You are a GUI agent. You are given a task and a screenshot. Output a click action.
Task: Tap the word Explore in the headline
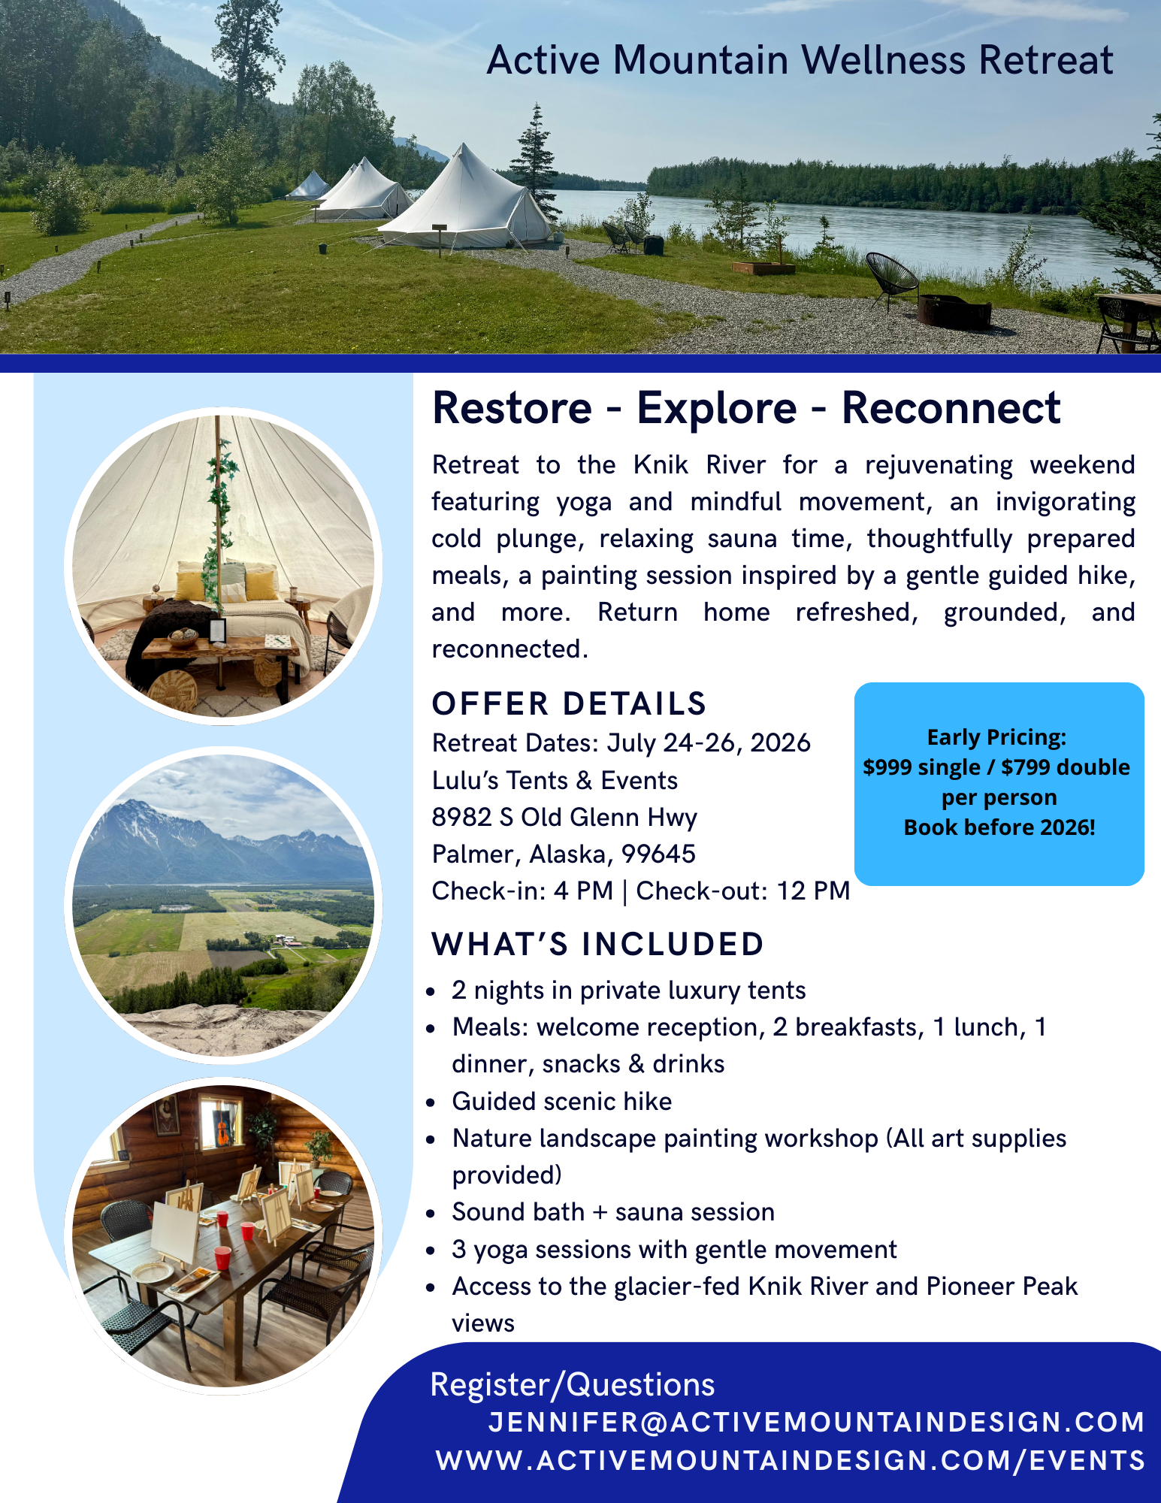click(x=716, y=408)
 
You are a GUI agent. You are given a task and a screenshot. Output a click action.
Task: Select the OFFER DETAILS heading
click(x=569, y=704)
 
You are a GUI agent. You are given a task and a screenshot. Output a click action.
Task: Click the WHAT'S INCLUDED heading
click(x=597, y=945)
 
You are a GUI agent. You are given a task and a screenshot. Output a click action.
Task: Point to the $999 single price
click(x=921, y=767)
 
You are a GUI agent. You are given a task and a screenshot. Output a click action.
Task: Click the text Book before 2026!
click(x=999, y=827)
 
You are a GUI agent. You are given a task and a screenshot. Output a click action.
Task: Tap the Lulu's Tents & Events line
click(x=555, y=781)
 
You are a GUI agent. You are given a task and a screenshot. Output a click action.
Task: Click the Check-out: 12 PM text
click(x=742, y=891)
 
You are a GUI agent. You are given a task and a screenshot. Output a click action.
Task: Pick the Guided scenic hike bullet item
click(x=561, y=1102)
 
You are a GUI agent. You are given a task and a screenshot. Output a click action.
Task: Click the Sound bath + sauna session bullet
click(x=612, y=1212)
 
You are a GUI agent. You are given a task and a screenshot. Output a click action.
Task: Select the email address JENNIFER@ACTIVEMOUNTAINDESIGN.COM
click(x=816, y=1422)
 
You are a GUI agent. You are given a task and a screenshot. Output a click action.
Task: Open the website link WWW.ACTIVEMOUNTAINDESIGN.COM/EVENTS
click(x=790, y=1460)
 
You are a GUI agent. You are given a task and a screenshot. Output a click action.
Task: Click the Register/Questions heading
click(x=572, y=1385)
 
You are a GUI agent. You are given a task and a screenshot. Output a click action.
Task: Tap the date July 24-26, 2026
click(x=708, y=743)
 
